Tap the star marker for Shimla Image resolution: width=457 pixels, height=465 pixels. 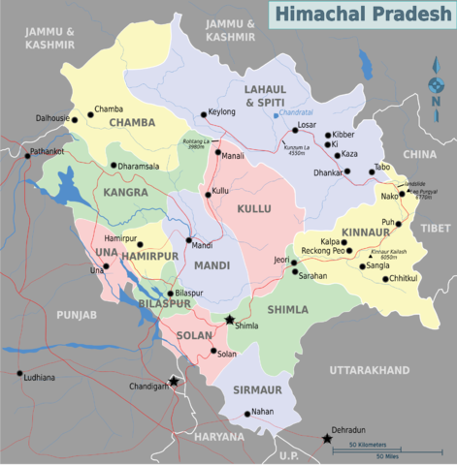[x=230, y=320]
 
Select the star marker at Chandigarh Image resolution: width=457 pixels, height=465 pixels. [x=174, y=381]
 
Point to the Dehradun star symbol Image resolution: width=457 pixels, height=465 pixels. [x=328, y=440]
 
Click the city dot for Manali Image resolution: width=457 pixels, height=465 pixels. [x=218, y=151]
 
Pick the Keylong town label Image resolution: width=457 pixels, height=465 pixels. [x=222, y=112]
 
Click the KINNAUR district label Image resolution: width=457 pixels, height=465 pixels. [x=366, y=232]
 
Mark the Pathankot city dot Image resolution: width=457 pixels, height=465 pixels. [x=26, y=153]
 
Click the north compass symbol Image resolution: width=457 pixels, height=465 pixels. [x=436, y=85]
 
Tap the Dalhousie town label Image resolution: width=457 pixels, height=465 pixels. [x=53, y=118]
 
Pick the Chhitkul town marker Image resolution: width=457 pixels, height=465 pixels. [x=385, y=279]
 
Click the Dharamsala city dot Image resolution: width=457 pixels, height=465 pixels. [x=114, y=166]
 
